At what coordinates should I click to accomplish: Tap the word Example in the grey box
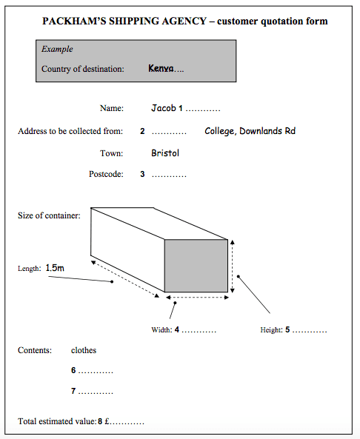pyautogui.click(x=57, y=50)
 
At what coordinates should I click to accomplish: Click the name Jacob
pyautogui.click(x=163, y=108)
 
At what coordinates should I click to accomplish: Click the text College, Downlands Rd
pyautogui.click(x=250, y=131)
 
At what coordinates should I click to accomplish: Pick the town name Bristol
pyautogui.click(x=165, y=153)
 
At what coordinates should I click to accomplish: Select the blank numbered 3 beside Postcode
pyautogui.click(x=169, y=175)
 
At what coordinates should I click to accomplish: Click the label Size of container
pyautogui.click(x=49, y=215)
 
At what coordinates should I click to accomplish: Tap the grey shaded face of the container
pyautogui.click(x=196, y=265)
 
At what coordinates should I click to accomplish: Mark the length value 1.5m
pyautogui.click(x=55, y=267)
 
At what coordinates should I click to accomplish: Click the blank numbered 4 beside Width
pyautogui.click(x=199, y=330)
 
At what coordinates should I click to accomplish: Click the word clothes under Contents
pyautogui.click(x=84, y=350)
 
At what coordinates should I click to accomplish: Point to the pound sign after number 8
pyautogui.click(x=107, y=422)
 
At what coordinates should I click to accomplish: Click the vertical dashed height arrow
pyautogui.click(x=233, y=265)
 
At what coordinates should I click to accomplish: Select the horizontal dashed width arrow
pyautogui.click(x=196, y=300)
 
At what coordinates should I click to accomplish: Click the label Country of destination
pyautogui.click(x=82, y=69)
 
